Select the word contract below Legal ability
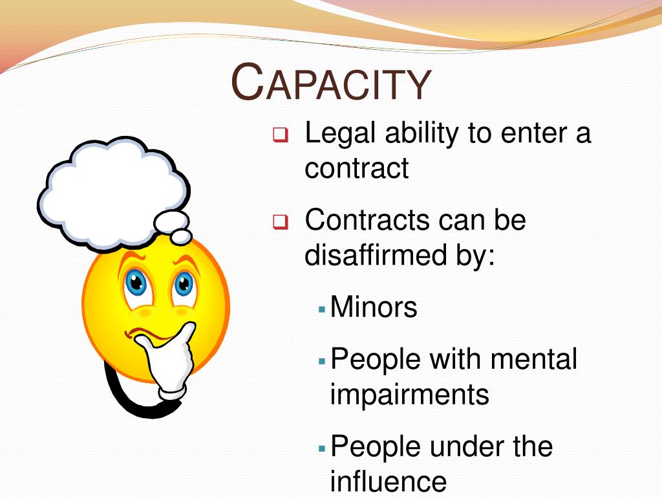pos(357,169)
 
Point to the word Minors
pos(374,307)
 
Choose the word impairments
pos(409,394)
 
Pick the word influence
pos(388,481)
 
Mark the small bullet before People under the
pos(322,448)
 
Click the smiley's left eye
pos(136,282)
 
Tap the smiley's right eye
pos(184,283)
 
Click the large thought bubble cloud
pos(110,191)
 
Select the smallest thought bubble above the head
pos(182,236)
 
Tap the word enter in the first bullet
pos(524,134)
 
